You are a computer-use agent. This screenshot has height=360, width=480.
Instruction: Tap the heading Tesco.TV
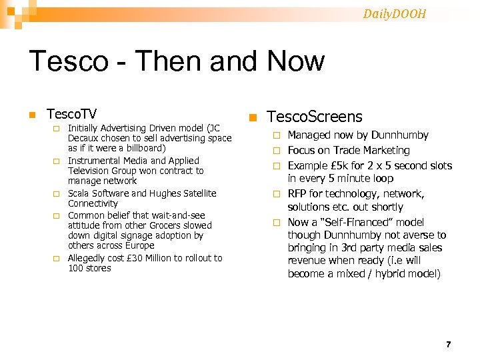[x=71, y=114]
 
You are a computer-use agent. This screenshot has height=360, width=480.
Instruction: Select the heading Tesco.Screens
[x=315, y=117]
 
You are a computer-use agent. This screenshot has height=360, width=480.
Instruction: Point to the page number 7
[x=448, y=345]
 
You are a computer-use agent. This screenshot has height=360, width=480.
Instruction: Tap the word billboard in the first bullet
[x=144, y=148]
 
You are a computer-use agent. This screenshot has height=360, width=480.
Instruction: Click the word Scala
[x=79, y=193]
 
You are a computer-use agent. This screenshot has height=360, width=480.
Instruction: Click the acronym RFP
[x=298, y=193]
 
